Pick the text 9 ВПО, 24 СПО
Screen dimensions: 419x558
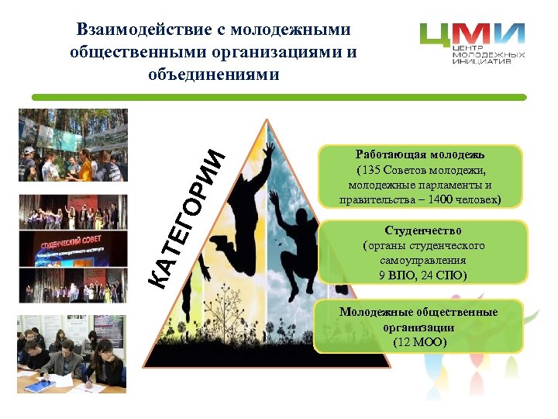(x=423, y=275)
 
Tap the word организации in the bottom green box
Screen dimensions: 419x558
(x=419, y=327)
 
